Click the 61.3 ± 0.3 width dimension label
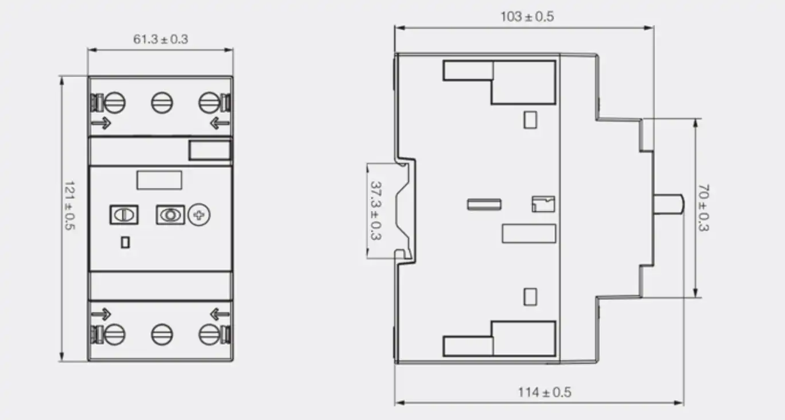pyautogui.click(x=161, y=39)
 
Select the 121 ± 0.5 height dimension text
pyautogui.click(x=70, y=205)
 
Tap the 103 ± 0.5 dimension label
pyautogui.click(x=527, y=17)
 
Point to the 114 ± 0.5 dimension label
pyautogui.click(x=545, y=392)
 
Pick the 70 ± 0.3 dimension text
pyautogui.click(x=704, y=208)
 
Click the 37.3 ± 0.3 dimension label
pyautogui.click(x=376, y=211)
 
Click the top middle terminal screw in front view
pyautogui.click(x=162, y=103)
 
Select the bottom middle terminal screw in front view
pyautogui.click(x=162, y=335)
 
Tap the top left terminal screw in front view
pyautogui.click(x=114, y=103)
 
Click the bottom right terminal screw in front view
pyautogui.click(x=209, y=335)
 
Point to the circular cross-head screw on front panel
pyautogui.click(x=199, y=215)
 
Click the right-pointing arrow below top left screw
pyautogui.click(x=101, y=123)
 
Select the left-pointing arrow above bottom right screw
pyautogui.click(x=220, y=314)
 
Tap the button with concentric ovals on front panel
pyautogui.click(x=170, y=215)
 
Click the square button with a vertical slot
pyautogui.click(x=124, y=215)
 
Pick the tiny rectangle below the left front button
pyautogui.click(x=125, y=242)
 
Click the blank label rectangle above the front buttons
pyautogui.click(x=160, y=180)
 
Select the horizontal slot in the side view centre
pyautogui.click(x=484, y=205)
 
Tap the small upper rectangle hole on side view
pyautogui.click(x=530, y=120)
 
